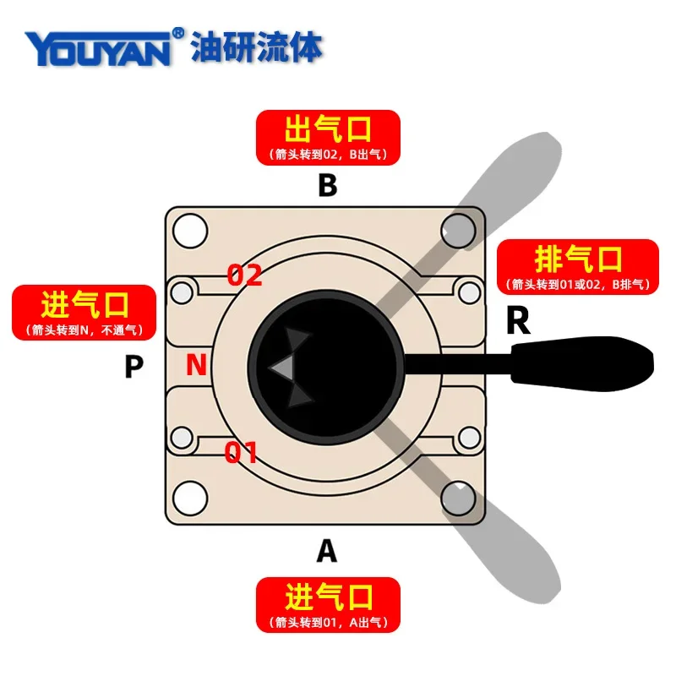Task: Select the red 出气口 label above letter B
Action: click(x=328, y=137)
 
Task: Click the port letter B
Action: click(x=327, y=185)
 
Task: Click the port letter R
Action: click(x=517, y=321)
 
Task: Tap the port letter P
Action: click(x=134, y=367)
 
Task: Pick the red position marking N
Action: click(x=196, y=365)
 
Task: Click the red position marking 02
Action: click(x=245, y=275)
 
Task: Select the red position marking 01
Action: click(x=241, y=453)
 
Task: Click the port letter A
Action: click(x=326, y=552)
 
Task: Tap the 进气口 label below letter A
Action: click(x=328, y=604)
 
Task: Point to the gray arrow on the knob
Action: click(x=282, y=366)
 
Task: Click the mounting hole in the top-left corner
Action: click(x=190, y=229)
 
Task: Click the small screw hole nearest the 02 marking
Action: click(x=183, y=292)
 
